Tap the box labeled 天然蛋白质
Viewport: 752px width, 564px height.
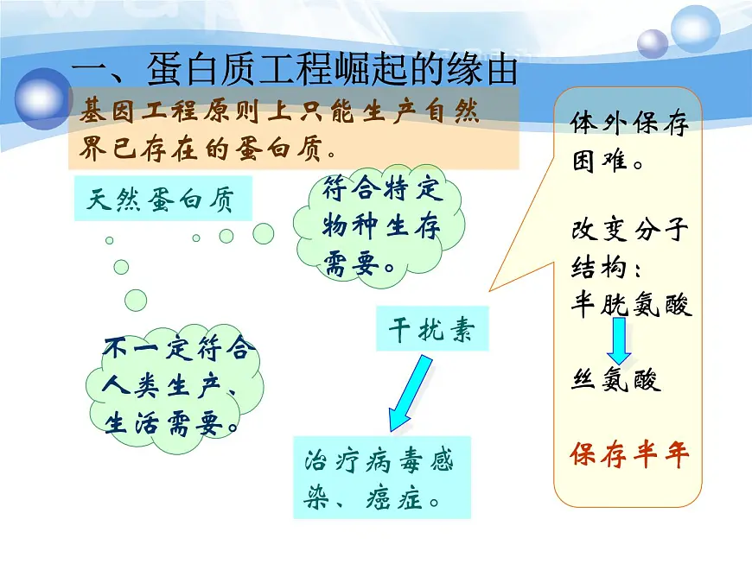[163, 200]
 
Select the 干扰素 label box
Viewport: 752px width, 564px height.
[431, 329]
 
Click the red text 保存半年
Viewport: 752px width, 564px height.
[630, 455]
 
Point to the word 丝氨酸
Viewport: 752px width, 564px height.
[615, 379]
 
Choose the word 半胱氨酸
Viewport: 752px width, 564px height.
[632, 305]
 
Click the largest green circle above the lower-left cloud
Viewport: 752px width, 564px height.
[136, 300]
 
